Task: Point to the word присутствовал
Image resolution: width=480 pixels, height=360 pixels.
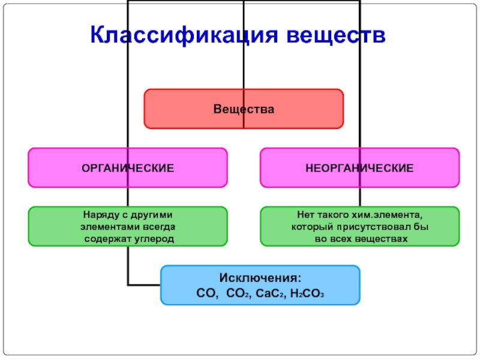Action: pos(379,227)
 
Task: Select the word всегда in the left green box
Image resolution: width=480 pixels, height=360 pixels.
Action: pos(158,227)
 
